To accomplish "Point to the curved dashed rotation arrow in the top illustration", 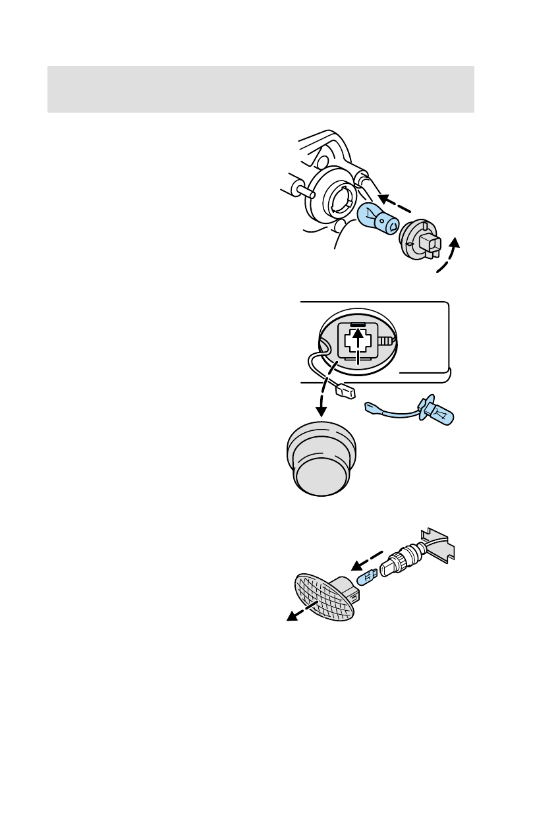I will click(450, 261).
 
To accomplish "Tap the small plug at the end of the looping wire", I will click(345, 391).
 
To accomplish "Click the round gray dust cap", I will click(322, 459).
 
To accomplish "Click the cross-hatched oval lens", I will click(323, 596).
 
